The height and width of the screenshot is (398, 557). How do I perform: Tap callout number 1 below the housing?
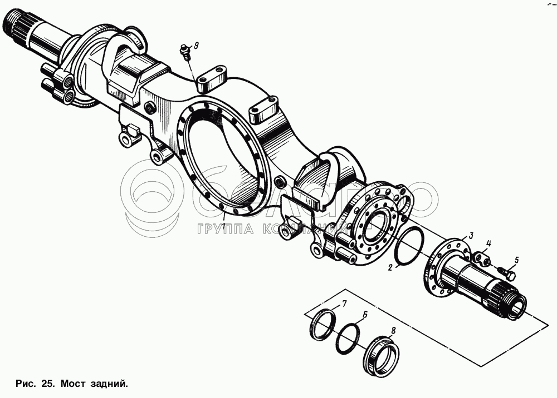[x=223, y=227]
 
